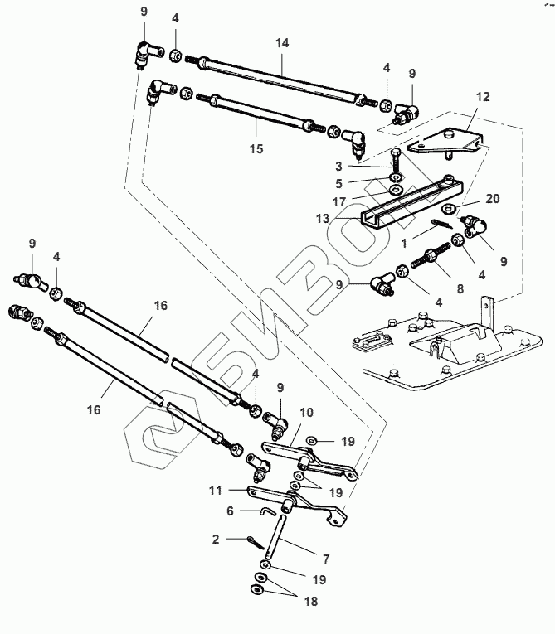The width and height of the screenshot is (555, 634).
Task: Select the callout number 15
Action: coord(256,149)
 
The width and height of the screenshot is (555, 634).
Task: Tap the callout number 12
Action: coord(481,97)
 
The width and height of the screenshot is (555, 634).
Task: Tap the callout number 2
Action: coord(216,540)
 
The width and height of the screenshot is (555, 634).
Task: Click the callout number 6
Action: coord(231,512)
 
